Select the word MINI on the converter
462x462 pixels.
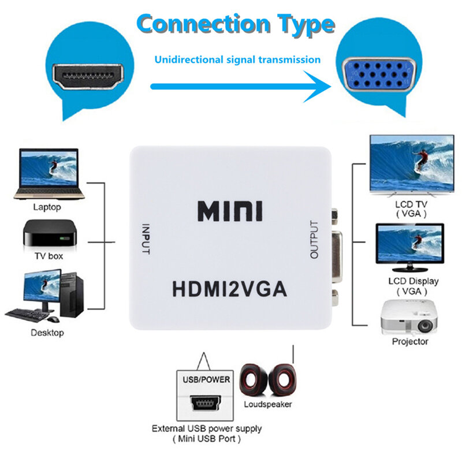pyautogui.click(x=230, y=211)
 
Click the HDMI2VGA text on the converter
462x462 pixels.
pyautogui.click(x=230, y=287)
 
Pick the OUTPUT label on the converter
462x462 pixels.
pyautogui.click(x=314, y=239)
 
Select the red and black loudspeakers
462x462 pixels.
pyautogui.click(x=267, y=381)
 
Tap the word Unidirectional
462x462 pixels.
pyautogui.click(x=184, y=59)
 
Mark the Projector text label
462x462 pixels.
pyautogui.click(x=410, y=342)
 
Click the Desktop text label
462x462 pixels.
pyautogui.click(x=48, y=333)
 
